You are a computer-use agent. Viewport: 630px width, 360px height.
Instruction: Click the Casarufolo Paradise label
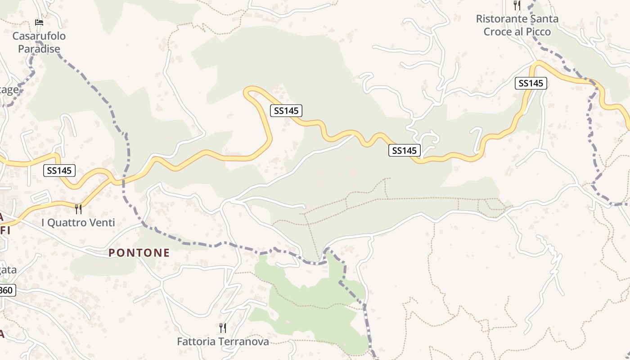pos(39,42)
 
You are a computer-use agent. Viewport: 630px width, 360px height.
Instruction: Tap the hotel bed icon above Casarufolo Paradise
pos(39,22)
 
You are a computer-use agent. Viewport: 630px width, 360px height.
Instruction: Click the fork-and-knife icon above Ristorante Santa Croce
pos(517,5)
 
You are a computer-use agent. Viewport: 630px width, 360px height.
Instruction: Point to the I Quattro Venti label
pos(78,222)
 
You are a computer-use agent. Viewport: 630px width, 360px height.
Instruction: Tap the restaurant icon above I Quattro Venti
pos(78,209)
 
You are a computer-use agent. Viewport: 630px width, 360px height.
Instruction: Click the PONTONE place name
pos(139,253)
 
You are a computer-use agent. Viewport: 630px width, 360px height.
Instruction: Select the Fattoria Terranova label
pos(223,342)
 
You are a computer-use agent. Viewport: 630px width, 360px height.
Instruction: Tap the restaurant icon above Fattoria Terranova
pos(222,328)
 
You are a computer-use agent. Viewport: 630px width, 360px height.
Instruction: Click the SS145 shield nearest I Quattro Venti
pos(59,171)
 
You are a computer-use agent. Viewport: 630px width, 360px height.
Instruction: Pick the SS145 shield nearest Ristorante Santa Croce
pos(531,83)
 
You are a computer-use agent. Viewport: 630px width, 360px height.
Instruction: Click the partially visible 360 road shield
pos(6,290)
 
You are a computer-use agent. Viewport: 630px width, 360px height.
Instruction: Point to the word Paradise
pos(39,49)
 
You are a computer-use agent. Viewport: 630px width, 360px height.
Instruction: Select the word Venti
pos(102,222)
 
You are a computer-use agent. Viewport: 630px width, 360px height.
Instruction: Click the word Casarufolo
pos(39,36)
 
